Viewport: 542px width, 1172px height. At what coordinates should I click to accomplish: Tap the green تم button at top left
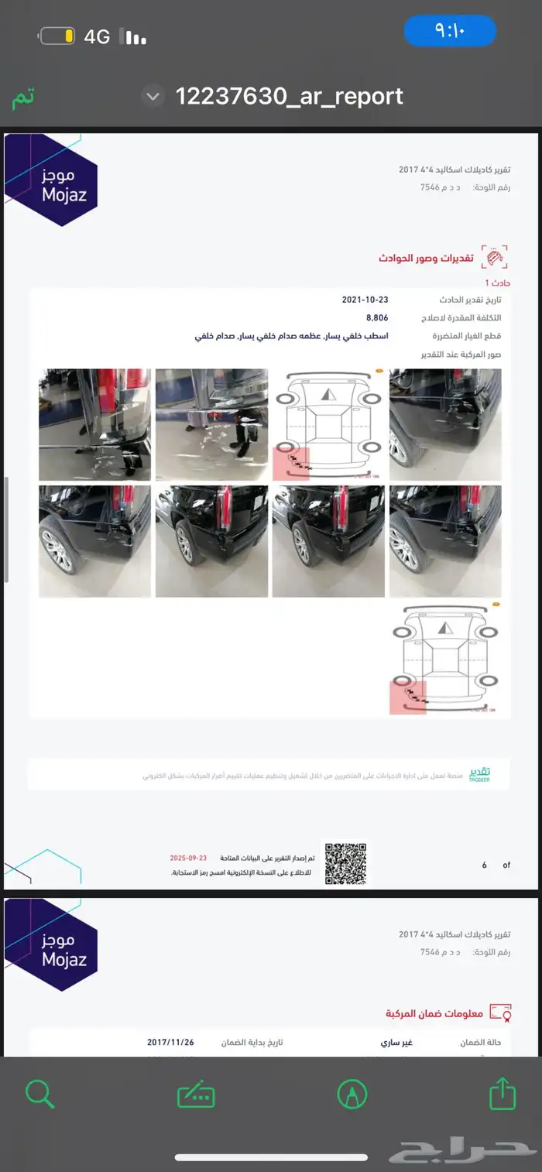click(x=23, y=98)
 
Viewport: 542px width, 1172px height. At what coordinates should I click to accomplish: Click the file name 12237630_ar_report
click(x=289, y=96)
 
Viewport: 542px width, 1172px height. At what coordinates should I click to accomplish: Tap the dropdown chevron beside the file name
click(x=153, y=97)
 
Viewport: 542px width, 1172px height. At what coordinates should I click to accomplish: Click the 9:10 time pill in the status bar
click(x=449, y=31)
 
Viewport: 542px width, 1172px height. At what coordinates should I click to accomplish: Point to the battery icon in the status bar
click(x=57, y=36)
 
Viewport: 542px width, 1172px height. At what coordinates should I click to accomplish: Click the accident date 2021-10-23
click(x=365, y=300)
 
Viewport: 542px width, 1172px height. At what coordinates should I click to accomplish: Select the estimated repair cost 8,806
click(x=377, y=318)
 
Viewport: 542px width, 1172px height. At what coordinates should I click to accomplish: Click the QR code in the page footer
click(x=345, y=863)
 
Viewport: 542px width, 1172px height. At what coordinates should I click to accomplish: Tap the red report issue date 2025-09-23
click(x=189, y=858)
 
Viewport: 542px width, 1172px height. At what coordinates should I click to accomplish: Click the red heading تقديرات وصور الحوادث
click(x=425, y=258)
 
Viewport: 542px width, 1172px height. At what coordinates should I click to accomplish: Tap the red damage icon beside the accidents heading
click(x=494, y=257)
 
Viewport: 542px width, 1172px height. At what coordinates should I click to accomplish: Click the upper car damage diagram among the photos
click(x=328, y=424)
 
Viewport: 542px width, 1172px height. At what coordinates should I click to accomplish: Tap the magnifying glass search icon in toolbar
click(x=39, y=1094)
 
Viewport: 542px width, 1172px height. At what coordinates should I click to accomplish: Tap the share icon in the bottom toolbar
click(x=503, y=1094)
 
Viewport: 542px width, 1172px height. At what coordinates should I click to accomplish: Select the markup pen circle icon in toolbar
click(x=352, y=1094)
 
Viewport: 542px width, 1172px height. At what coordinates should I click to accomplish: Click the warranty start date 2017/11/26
click(x=170, y=1043)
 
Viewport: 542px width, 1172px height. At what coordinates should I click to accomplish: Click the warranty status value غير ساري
click(x=396, y=1043)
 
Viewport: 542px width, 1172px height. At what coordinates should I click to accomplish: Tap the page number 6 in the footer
click(x=485, y=865)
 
